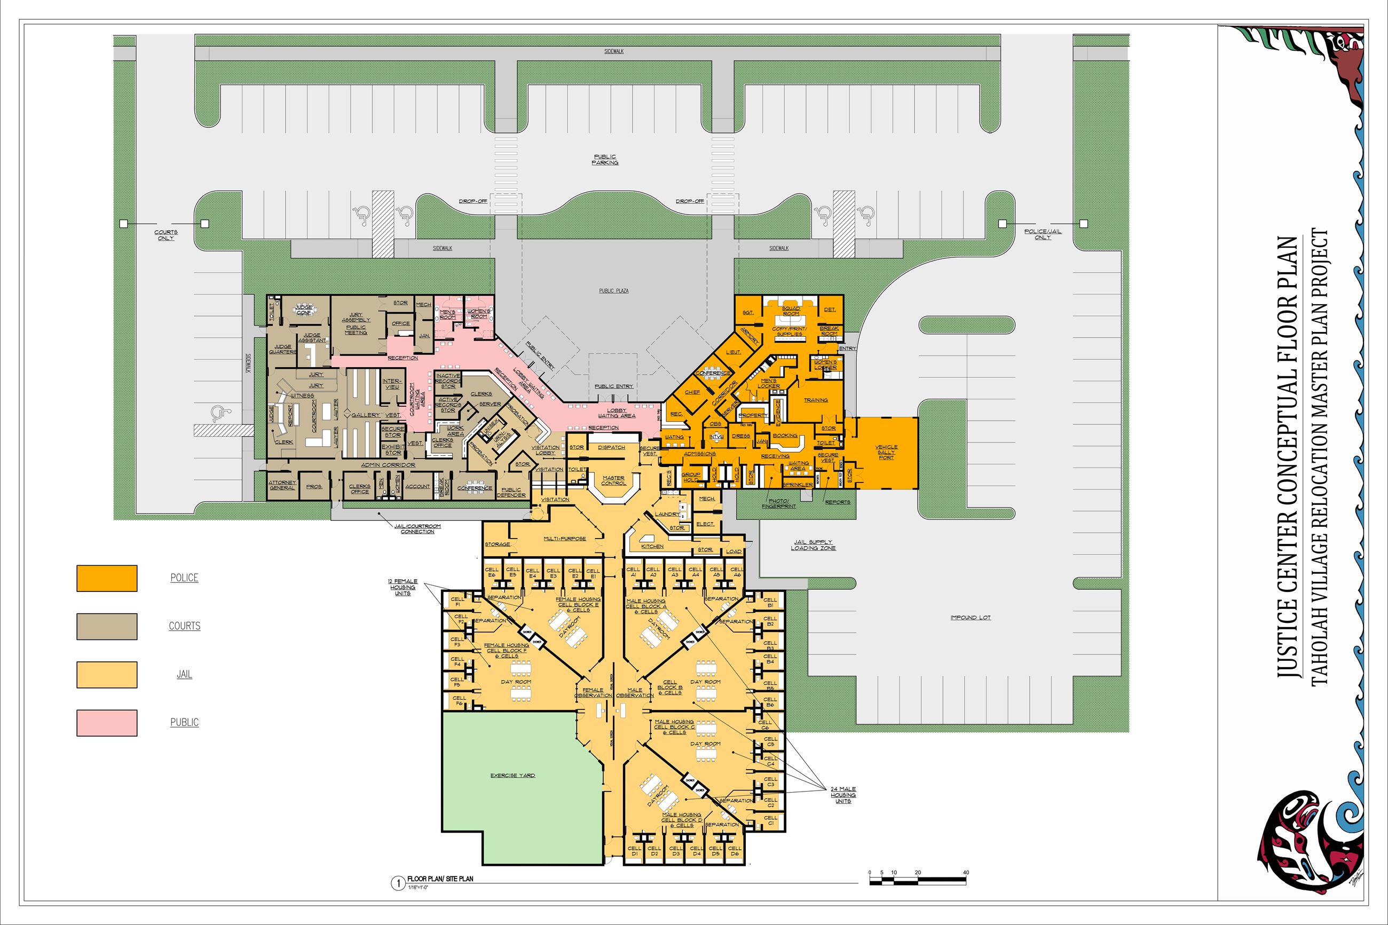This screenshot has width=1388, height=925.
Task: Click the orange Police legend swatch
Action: pos(107,578)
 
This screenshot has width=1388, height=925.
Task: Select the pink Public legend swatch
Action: pos(107,723)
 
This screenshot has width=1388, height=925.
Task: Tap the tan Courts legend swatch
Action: pos(107,627)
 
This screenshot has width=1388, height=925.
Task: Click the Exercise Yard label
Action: pos(512,775)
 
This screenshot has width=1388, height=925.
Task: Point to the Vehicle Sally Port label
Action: pos(886,452)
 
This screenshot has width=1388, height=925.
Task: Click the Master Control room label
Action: pos(613,480)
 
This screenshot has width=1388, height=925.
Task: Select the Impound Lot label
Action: pos(971,618)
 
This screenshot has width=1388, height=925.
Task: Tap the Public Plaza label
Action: pos(613,291)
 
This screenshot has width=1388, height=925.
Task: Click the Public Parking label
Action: pos(605,160)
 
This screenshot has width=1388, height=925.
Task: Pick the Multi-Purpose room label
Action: pos(564,539)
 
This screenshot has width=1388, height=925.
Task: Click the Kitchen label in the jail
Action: pos(652,546)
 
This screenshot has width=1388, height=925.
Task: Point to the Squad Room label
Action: pos(791,311)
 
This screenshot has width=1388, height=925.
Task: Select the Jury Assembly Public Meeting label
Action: pos(356,324)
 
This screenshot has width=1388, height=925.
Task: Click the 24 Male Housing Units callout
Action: pos(843,795)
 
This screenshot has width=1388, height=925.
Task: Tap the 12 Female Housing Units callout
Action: pos(403,587)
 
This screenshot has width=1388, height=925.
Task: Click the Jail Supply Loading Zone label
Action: pos(813,544)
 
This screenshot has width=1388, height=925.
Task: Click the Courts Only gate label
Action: pos(165,235)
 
